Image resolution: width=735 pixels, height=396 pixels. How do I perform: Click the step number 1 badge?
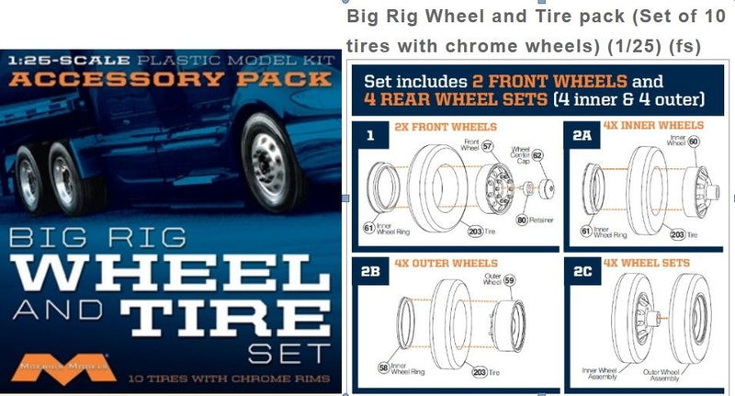point(370,135)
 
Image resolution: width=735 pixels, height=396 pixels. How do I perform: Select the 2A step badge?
point(582,135)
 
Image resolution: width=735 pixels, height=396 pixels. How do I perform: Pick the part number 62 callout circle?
point(538,156)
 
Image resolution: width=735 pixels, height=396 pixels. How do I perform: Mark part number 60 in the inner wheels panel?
point(693,141)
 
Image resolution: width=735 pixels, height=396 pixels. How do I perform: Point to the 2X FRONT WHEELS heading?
point(445,126)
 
